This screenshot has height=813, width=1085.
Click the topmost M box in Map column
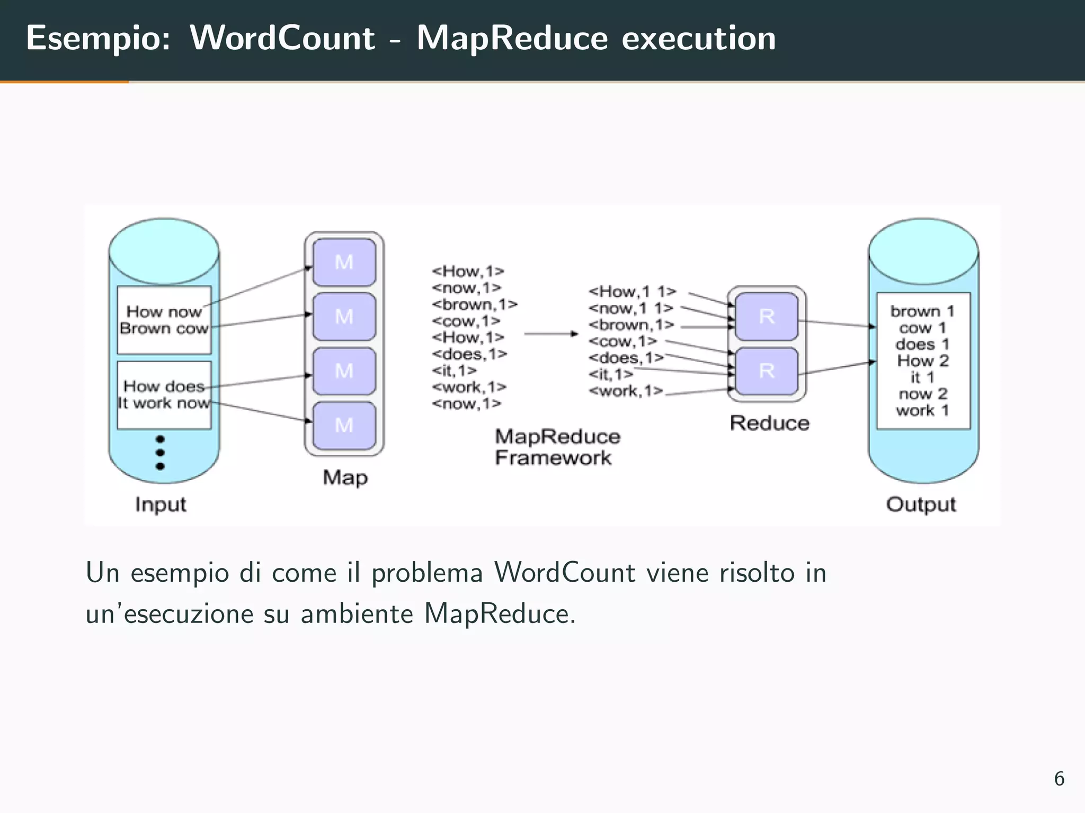pyautogui.click(x=344, y=263)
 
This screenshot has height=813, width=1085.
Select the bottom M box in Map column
pyautogui.click(x=344, y=426)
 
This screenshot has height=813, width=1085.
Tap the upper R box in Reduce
pyautogui.click(x=767, y=317)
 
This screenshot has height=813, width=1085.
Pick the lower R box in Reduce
pyautogui.click(x=767, y=371)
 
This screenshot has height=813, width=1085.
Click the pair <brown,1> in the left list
pyautogui.click(x=474, y=304)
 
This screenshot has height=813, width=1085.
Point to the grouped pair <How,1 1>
pyautogui.click(x=632, y=292)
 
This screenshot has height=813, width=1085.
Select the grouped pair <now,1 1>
pyautogui.click(x=630, y=308)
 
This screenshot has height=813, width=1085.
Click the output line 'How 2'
pyautogui.click(x=922, y=361)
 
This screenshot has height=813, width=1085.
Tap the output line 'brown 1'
pyautogui.click(x=922, y=311)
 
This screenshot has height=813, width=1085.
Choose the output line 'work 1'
pyautogui.click(x=922, y=410)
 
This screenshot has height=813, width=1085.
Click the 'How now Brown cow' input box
pyautogui.click(x=164, y=320)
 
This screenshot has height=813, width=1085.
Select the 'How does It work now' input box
pyautogui.click(x=164, y=395)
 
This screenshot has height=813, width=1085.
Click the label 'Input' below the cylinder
pyautogui.click(x=161, y=504)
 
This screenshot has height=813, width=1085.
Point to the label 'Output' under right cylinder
pyautogui.click(x=921, y=504)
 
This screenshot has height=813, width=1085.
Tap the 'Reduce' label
pyautogui.click(x=769, y=423)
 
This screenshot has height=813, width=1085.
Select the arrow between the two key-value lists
pyautogui.click(x=551, y=333)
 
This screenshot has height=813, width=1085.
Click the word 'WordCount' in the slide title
pyautogui.click(x=282, y=38)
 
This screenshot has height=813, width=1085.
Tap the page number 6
pyautogui.click(x=1059, y=779)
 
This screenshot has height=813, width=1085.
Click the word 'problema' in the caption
pyautogui.click(x=427, y=573)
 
